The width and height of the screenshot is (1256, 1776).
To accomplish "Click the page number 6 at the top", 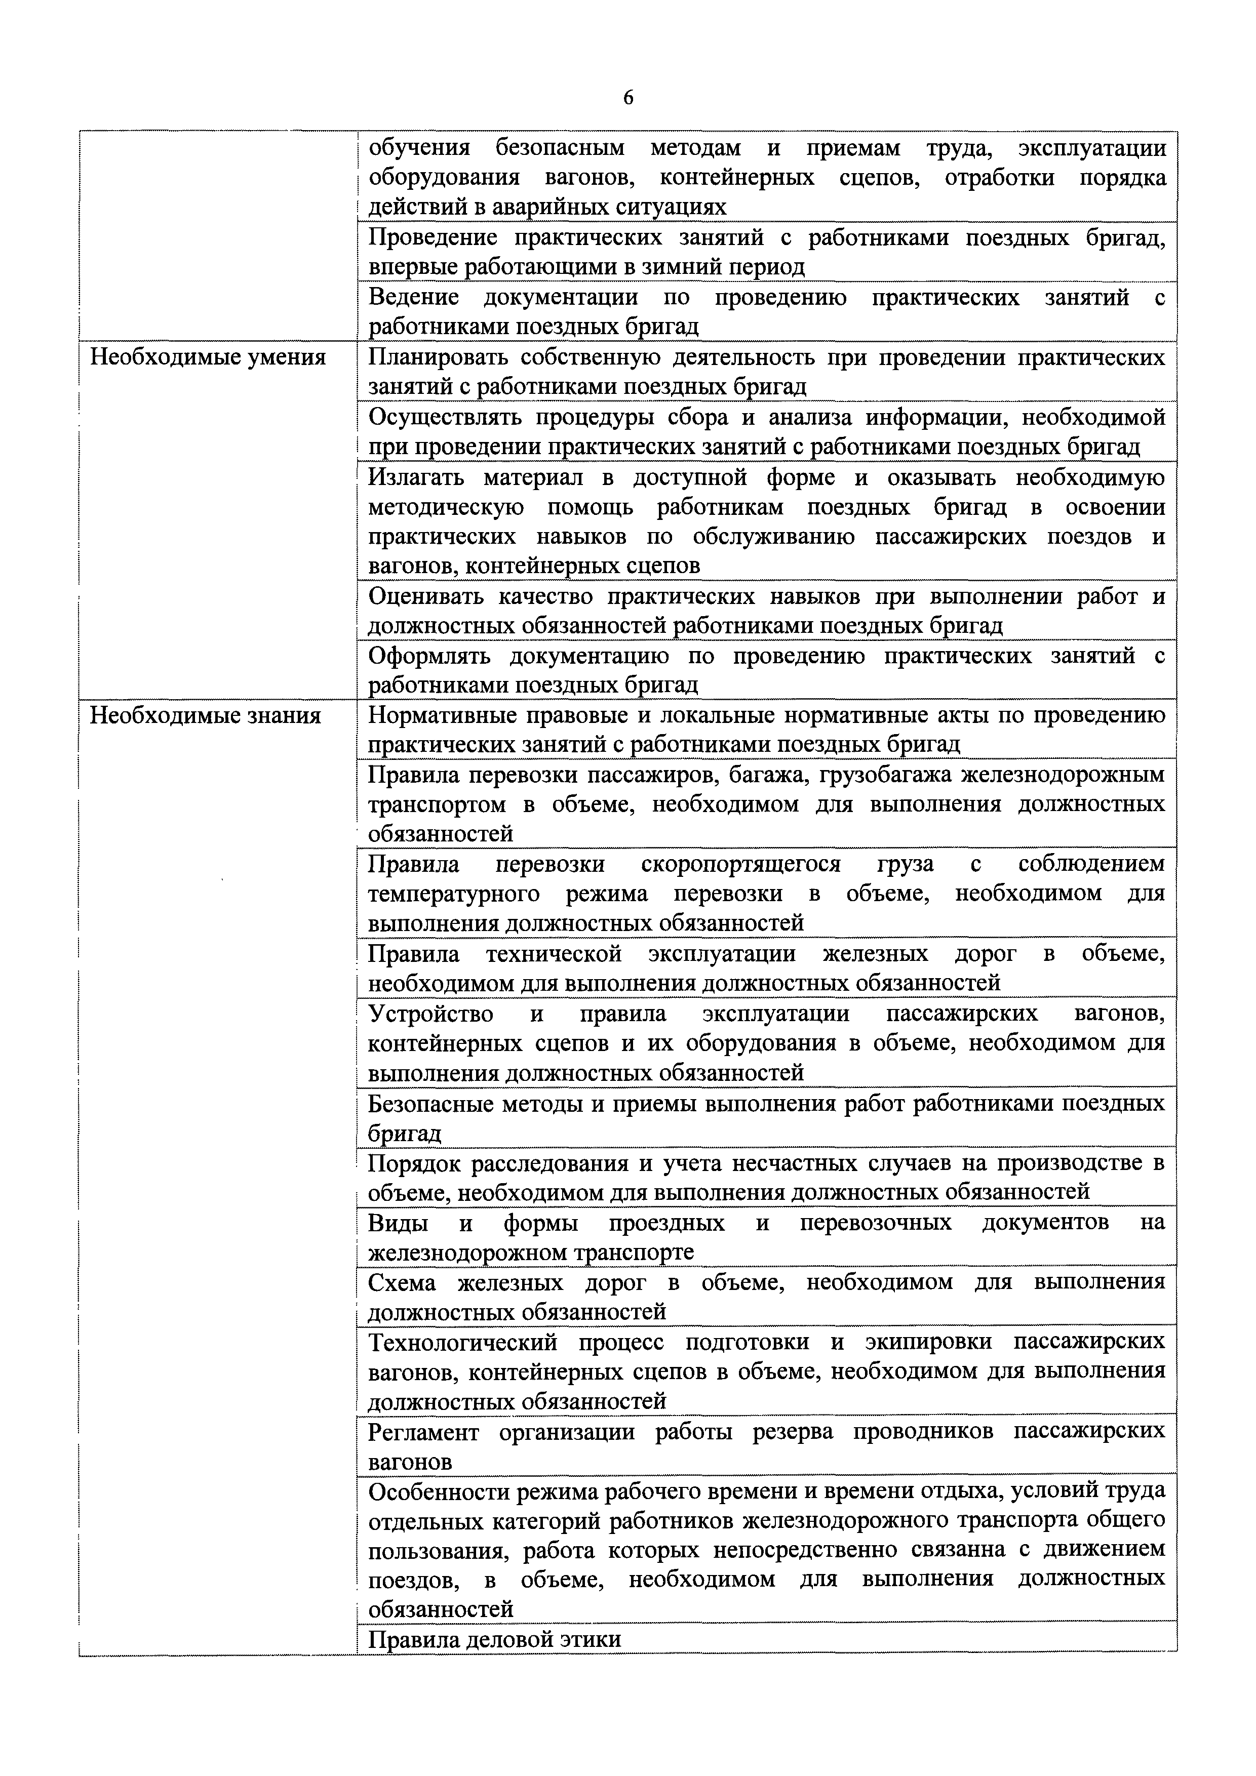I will coord(627,98).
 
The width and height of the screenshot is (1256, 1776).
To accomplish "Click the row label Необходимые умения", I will coord(208,357).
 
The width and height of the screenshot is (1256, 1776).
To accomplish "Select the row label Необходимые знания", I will coord(205,715).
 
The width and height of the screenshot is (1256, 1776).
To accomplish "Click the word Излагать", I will coord(416,477).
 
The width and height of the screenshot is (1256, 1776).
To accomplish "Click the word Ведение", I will coord(413,297).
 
